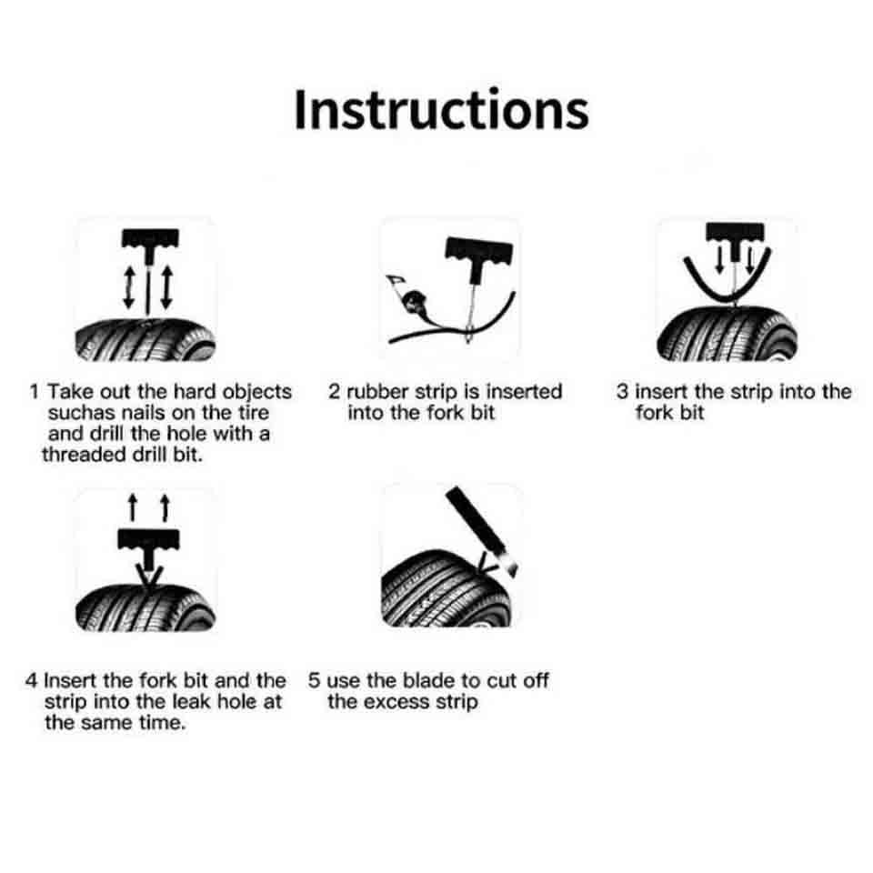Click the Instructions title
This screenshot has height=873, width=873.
click(441, 110)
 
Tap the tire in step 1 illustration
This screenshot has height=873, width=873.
click(145, 339)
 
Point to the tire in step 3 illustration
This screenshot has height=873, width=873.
click(727, 334)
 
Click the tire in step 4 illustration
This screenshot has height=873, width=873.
click(145, 608)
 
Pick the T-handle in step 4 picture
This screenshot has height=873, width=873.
click(148, 548)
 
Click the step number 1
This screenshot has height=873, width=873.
click(35, 391)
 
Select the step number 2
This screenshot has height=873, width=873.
click(334, 391)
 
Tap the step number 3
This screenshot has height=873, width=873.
click(622, 391)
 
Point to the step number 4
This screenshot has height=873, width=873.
click(31, 680)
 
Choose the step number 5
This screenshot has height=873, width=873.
click(315, 680)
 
